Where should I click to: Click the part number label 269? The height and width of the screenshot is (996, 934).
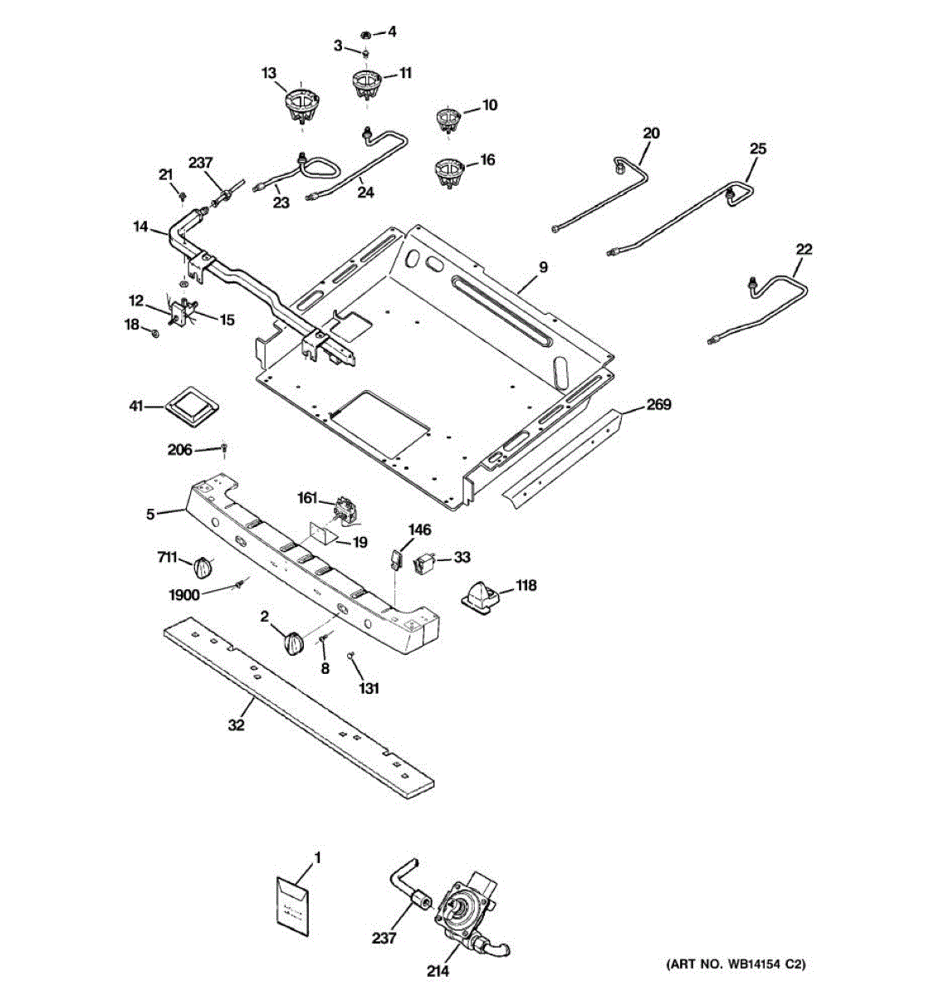(658, 403)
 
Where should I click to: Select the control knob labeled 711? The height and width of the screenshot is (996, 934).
(203, 567)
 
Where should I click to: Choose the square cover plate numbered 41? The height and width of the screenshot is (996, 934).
(192, 407)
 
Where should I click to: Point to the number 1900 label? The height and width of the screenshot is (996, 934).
(184, 595)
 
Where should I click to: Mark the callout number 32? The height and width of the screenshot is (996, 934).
(236, 725)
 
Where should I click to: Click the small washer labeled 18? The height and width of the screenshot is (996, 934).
(155, 333)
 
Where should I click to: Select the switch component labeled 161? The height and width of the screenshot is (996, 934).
(345, 512)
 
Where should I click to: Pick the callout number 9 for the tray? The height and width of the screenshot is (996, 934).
(543, 267)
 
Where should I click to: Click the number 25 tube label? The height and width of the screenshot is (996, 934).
(758, 149)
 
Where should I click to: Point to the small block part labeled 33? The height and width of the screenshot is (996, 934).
(423, 564)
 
